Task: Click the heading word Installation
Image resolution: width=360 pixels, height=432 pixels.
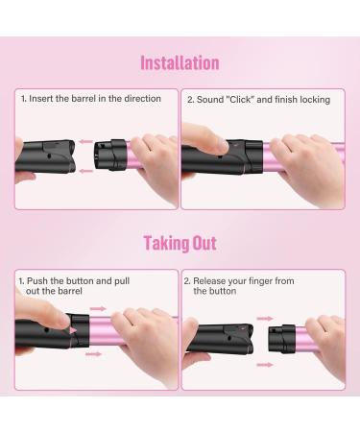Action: pos(180,63)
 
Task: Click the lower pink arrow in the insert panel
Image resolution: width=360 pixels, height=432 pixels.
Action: pos(84,171)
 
